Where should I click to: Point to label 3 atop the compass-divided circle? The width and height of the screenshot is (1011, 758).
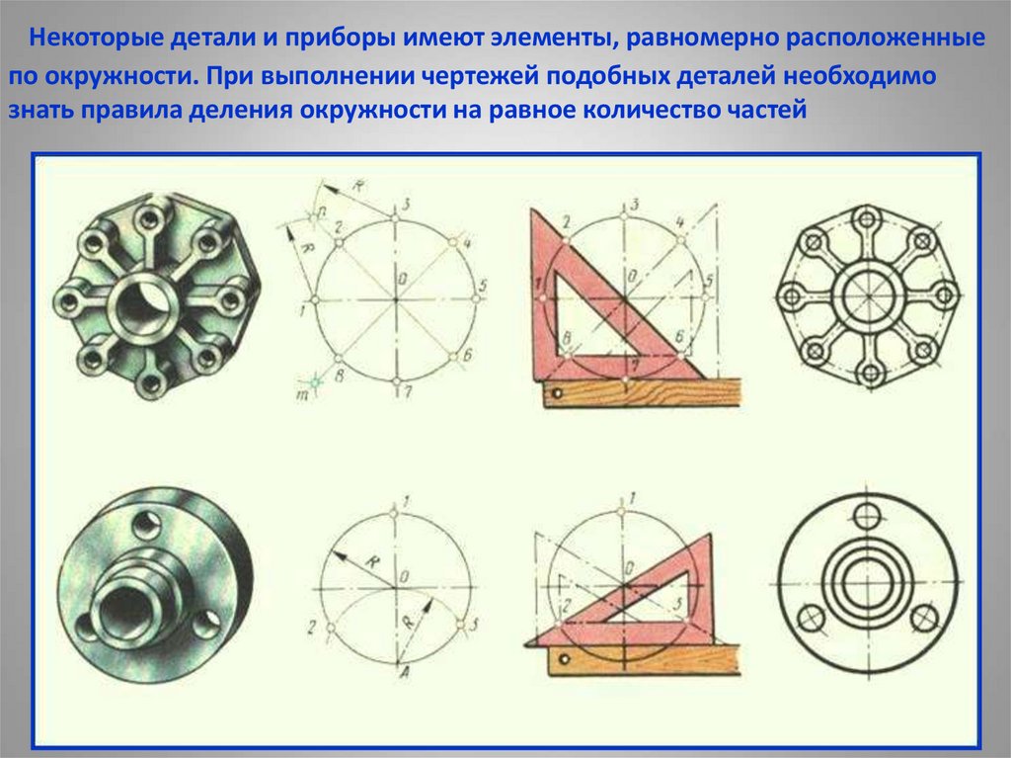click(x=406, y=205)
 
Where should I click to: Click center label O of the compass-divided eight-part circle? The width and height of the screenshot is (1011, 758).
click(x=403, y=279)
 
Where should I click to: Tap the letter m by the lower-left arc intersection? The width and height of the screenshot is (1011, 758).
click(x=301, y=393)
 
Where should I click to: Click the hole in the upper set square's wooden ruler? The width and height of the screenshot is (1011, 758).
click(x=557, y=392)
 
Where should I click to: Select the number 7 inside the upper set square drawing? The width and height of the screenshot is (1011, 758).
click(x=635, y=366)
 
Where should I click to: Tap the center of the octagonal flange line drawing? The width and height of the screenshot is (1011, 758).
click(x=869, y=296)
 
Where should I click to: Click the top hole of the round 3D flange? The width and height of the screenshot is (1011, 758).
click(x=148, y=523)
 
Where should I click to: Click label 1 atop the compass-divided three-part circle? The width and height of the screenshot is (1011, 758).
click(x=405, y=500)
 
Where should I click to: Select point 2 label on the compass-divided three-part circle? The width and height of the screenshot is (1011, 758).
click(x=311, y=627)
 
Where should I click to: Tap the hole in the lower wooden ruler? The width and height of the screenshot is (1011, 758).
click(x=565, y=659)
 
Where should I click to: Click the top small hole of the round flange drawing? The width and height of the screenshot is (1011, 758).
click(x=866, y=515)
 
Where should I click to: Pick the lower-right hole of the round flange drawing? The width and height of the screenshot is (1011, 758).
click(x=924, y=618)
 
